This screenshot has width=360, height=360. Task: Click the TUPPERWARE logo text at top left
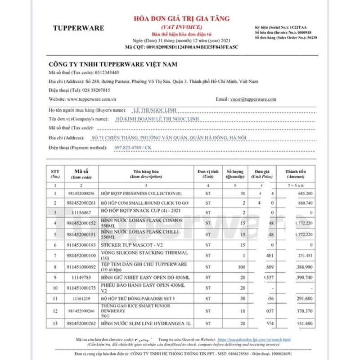tap(78, 28)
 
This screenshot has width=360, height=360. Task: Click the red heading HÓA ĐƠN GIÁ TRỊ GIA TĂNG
tap(182, 18)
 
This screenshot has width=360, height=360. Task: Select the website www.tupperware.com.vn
tap(92, 99)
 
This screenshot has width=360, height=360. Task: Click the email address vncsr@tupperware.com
tap(253, 99)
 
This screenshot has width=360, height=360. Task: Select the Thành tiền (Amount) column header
tap(296, 174)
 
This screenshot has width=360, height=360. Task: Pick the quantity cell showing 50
tap(242, 193)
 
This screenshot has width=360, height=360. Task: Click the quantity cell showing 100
tap(242, 267)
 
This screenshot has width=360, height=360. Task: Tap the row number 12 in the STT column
tap(55, 311)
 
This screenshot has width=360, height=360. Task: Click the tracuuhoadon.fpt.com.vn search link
tap(254, 339)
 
